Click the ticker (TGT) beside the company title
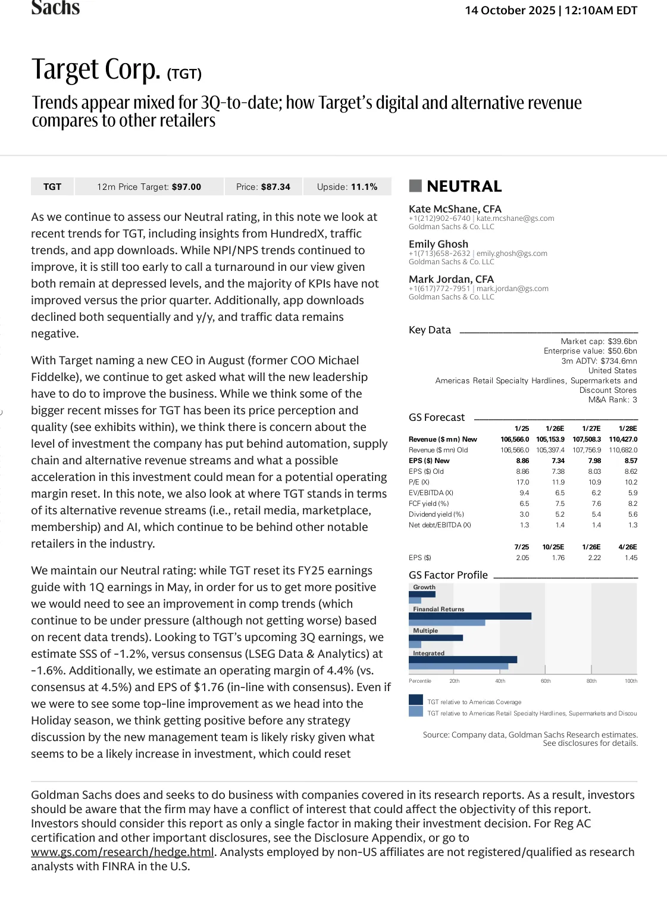pos(184,74)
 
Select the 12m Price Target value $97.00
pos(186,187)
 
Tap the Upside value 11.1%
pos(364,187)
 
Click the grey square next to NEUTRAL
pos(415,186)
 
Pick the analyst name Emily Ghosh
pos(439,244)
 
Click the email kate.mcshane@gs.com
pos(515,218)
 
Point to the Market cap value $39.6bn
pos(622,342)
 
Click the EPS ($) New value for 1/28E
pos(631,461)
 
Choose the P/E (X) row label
pos(419,482)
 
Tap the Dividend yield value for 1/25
pos(524,514)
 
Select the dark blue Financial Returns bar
pos(470,616)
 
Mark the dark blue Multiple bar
pos(436,637)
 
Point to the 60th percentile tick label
pos(546,681)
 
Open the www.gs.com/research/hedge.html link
pos(123,852)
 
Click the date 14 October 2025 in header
pos(510,11)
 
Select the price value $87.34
pos(276,187)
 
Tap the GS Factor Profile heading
pos(448,575)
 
